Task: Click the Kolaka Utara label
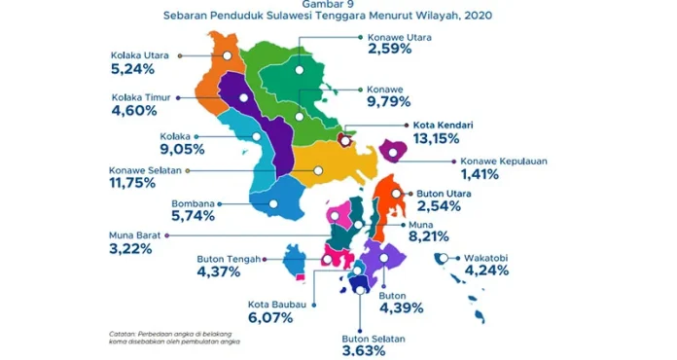point(140,55)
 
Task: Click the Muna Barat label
point(136,235)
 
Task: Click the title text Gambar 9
point(338,5)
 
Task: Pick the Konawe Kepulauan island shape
point(393,150)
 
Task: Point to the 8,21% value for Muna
point(422,235)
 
